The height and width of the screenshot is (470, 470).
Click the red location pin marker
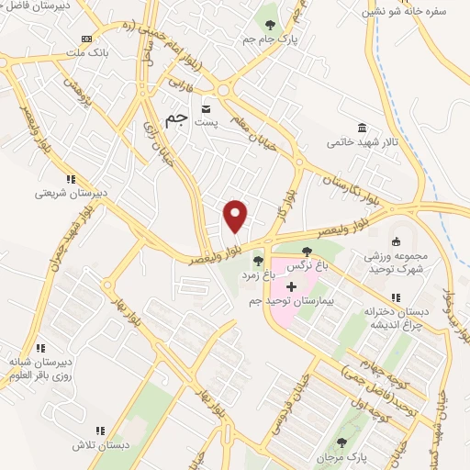pyautogui.click(x=236, y=216)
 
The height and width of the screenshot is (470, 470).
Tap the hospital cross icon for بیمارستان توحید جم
pyautogui.click(x=292, y=287)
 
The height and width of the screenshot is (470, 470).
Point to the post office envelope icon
pyautogui.click(x=205, y=109)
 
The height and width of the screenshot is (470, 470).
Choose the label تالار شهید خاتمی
pyautogui.click(x=364, y=142)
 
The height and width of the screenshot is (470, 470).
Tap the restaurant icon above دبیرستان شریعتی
pyautogui.click(x=71, y=179)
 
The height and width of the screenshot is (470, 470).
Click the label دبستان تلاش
pyautogui.click(x=98, y=444)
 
